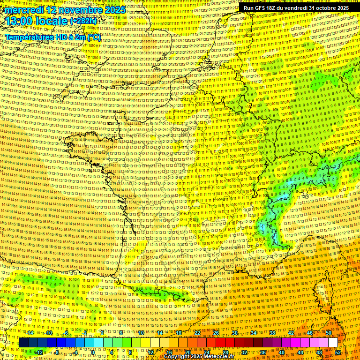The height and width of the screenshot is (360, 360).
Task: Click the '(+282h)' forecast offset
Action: pyautogui.click(x=84, y=21)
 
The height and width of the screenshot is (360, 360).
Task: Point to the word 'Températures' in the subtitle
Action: pyautogui.click(x=29, y=37)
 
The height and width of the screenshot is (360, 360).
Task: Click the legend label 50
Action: pyautogui.click(x=329, y=333)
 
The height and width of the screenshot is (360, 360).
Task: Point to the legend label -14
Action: pyautogui.click(x=30, y=333)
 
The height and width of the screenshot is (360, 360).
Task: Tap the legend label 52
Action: pyautogui.click(x=338, y=352)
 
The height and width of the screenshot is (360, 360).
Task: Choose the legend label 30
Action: pyautogui.click(x=234, y=333)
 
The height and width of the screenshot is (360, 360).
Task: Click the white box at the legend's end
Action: pyautogui.click(x=333, y=343)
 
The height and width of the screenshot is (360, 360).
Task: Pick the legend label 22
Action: pyautogui.click(x=197, y=333)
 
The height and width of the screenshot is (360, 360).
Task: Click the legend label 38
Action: pyautogui.click(x=272, y=333)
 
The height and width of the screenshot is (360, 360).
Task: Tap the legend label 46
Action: pyautogui.click(x=310, y=333)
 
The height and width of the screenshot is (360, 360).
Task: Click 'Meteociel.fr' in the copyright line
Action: pyautogui.click(x=220, y=357)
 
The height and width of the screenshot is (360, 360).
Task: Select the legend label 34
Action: pyautogui.click(x=253, y=333)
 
